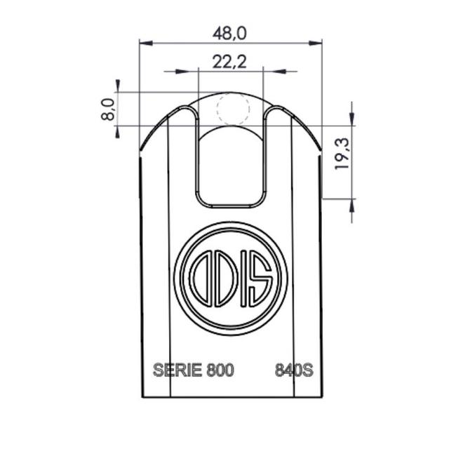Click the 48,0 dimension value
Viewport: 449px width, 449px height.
229,33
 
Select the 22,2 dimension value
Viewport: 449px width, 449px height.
229,62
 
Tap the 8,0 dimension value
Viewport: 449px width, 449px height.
108,109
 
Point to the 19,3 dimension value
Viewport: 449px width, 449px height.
342,154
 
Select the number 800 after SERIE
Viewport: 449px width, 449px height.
220,370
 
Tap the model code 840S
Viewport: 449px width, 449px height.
294,370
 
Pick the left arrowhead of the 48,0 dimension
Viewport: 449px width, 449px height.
145,43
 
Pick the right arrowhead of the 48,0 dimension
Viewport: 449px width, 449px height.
316,43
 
